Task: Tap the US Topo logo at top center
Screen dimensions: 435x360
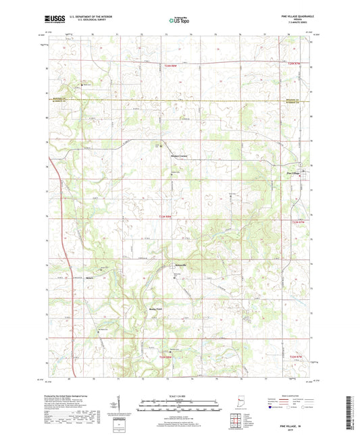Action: (179, 22)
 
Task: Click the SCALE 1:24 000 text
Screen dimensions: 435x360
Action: (179, 396)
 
